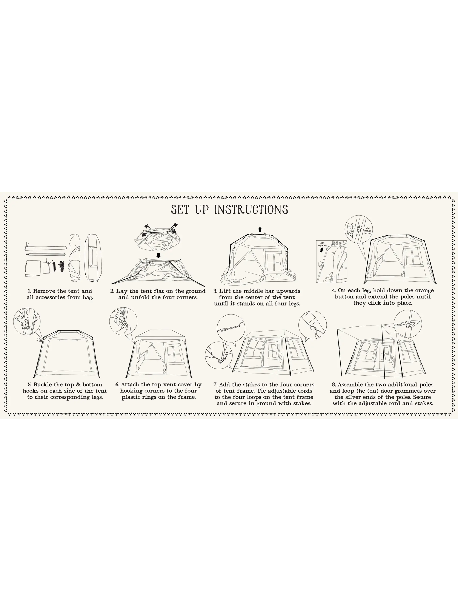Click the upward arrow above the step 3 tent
260,230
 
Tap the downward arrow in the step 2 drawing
158,256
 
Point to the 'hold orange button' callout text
367,231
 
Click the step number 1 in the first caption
29,291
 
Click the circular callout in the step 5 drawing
27,322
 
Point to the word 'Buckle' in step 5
43,384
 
